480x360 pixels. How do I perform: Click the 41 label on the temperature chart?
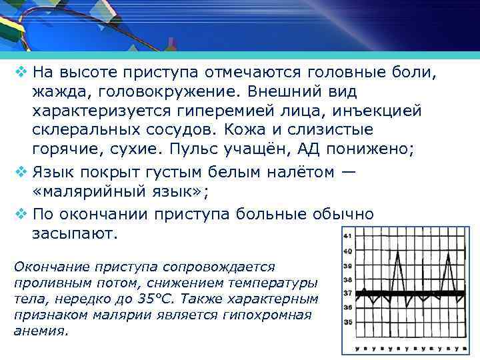[347, 236]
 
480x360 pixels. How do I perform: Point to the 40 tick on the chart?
[347, 251]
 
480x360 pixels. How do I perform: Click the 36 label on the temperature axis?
[347, 307]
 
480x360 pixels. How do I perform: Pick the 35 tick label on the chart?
[347, 322]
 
